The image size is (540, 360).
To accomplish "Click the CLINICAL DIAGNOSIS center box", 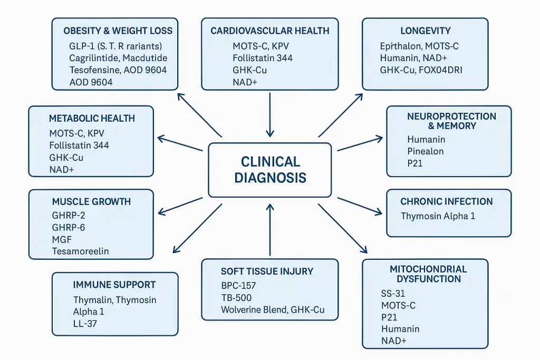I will (270, 169).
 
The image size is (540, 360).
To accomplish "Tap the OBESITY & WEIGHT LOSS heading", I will (118, 31).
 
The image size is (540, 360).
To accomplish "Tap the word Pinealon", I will (426, 151).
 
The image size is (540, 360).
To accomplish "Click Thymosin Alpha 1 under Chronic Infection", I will (438, 216).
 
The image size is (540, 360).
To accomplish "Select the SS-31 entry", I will (393, 294).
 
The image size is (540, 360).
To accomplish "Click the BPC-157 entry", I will (238, 286).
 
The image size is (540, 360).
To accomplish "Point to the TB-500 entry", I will (236, 298).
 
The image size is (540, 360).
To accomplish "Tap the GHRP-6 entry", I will (69, 227).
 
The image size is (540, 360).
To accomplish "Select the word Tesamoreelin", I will (80, 251).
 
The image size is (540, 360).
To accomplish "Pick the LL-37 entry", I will (85, 323).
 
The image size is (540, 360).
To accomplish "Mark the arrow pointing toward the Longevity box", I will (340, 115).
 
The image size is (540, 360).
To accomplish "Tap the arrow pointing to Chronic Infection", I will (360, 206).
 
